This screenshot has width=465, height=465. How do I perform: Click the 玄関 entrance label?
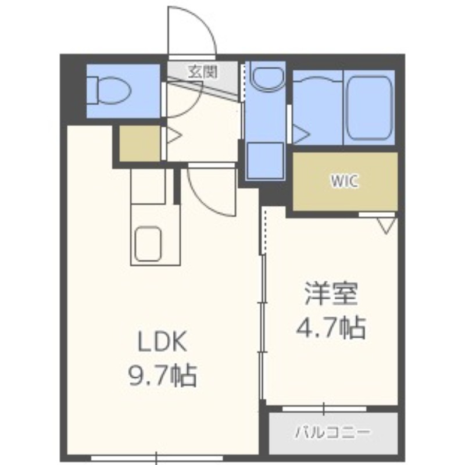pyautogui.click(x=203, y=71)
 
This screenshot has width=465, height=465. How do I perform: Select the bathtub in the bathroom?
pyautogui.click(x=369, y=108)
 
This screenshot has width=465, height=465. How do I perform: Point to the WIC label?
pyautogui.click(x=345, y=181)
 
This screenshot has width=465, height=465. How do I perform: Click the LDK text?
pyautogui.click(x=163, y=342)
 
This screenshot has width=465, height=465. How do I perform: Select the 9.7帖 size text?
pyautogui.click(x=163, y=375)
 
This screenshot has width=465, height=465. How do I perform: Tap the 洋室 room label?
pyautogui.click(x=331, y=294)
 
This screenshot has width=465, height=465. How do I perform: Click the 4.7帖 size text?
pyautogui.click(x=331, y=328)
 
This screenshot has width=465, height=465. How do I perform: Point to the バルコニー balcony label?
pyautogui.click(x=332, y=432)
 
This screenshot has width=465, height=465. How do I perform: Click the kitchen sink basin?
pyautogui.click(x=148, y=244)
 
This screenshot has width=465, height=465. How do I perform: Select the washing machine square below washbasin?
pyautogui.click(x=266, y=160)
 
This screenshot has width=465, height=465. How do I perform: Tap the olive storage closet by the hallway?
pyautogui.click(x=139, y=144)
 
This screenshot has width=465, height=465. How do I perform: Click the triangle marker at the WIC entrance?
pyautogui.click(x=387, y=226)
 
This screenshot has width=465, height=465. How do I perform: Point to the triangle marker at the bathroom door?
pyautogui.click(x=301, y=134)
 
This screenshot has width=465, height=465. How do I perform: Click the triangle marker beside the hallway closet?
pyautogui.click(x=174, y=136)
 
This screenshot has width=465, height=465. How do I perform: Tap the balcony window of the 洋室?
pyautogui.click(x=324, y=409)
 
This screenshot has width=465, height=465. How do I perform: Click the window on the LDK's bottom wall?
pyautogui.click(x=156, y=459)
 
